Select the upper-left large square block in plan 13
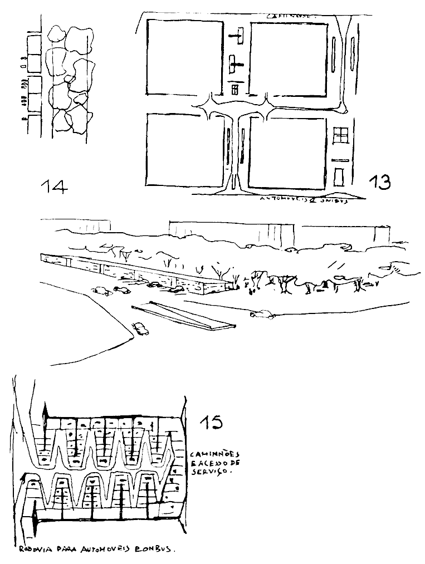[x=185, y=57]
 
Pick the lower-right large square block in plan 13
[x=286, y=153]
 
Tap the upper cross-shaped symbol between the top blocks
[x=237, y=38]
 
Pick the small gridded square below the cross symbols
[x=235, y=89]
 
